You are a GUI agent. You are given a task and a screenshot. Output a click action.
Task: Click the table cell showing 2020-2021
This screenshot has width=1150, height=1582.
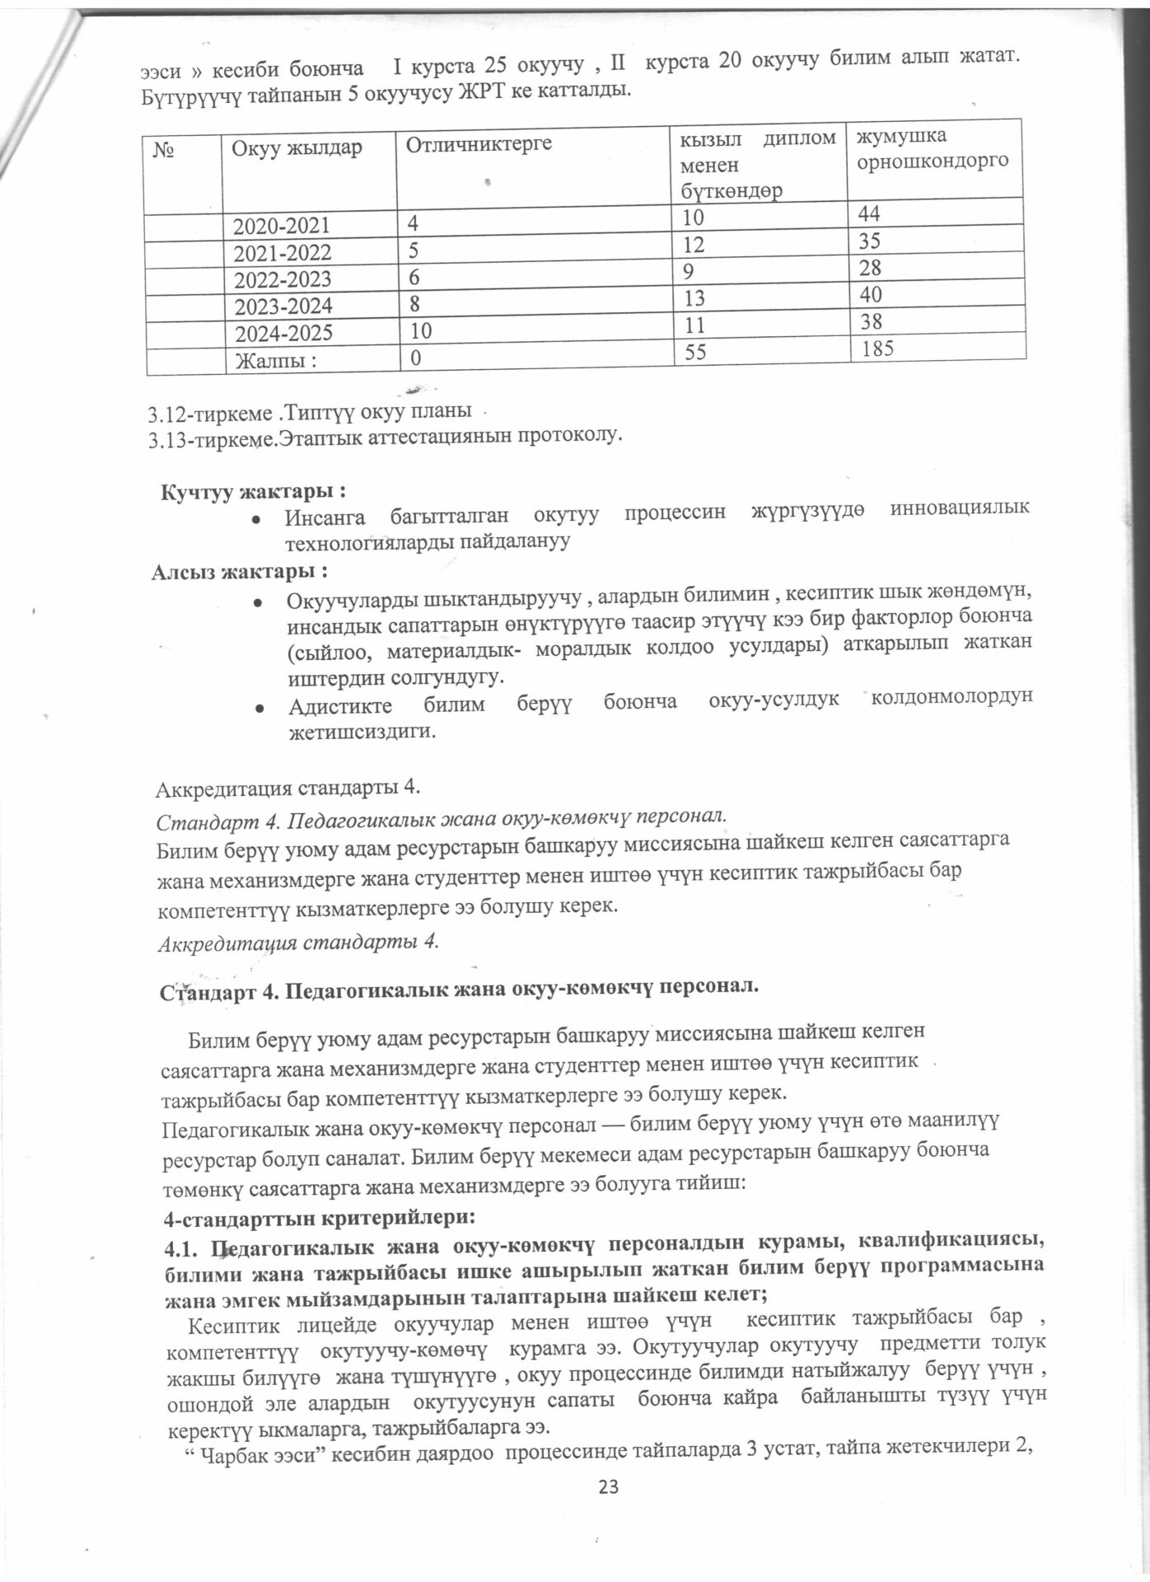[283, 225]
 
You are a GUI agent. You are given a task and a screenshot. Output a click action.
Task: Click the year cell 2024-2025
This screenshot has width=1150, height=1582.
[283, 335]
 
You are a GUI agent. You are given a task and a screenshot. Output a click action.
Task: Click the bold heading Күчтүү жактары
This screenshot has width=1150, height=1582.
[252, 492]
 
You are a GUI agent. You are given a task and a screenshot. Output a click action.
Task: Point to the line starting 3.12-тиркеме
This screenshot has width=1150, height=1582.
[310, 410]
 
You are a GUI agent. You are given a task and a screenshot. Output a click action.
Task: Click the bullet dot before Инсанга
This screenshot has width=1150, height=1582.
[257, 520]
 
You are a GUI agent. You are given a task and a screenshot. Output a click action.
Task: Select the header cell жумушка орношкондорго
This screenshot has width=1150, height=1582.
[932, 148]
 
